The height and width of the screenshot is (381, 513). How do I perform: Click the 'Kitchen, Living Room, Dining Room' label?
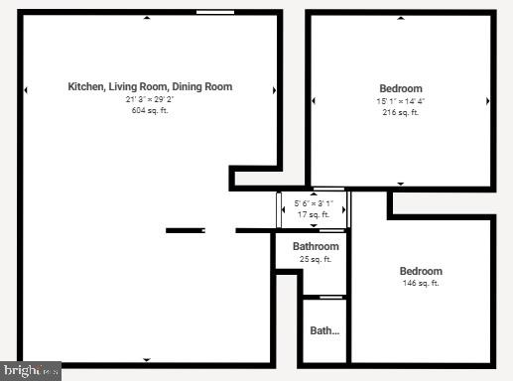click(x=150, y=87)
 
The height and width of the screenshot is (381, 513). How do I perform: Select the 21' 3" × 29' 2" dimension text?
click(x=150, y=100)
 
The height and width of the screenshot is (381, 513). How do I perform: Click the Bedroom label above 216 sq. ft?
click(x=401, y=88)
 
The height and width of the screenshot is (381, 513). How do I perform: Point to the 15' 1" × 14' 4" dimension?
click(x=401, y=101)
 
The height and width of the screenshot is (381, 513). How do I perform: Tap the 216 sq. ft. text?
click(x=401, y=112)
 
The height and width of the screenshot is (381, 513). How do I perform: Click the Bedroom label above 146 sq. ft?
click(x=421, y=271)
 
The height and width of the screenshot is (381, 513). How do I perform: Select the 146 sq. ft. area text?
click(x=421, y=284)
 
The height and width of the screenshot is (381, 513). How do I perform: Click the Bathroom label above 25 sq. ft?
click(x=316, y=247)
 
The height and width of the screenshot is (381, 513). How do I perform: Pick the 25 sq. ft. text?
click(x=316, y=260)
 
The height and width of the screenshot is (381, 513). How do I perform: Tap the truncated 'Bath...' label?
click(x=324, y=331)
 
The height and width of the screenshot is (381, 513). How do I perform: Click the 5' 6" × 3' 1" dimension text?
click(x=314, y=203)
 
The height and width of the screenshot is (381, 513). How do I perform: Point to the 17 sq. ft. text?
click(x=314, y=214)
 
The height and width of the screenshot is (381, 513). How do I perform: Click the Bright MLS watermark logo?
click(x=30, y=371)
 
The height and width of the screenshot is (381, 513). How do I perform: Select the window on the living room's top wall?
click(x=215, y=12)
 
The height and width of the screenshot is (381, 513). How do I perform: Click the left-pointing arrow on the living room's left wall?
click(x=26, y=90)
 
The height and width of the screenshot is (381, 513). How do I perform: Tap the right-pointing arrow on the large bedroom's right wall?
click(x=487, y=100)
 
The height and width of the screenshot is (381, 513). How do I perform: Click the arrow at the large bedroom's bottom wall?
click(x=401, y=184)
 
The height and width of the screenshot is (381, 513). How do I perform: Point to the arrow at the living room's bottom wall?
click(x=147, y=359)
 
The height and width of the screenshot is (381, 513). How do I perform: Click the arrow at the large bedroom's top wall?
click(x=401, y=17)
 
